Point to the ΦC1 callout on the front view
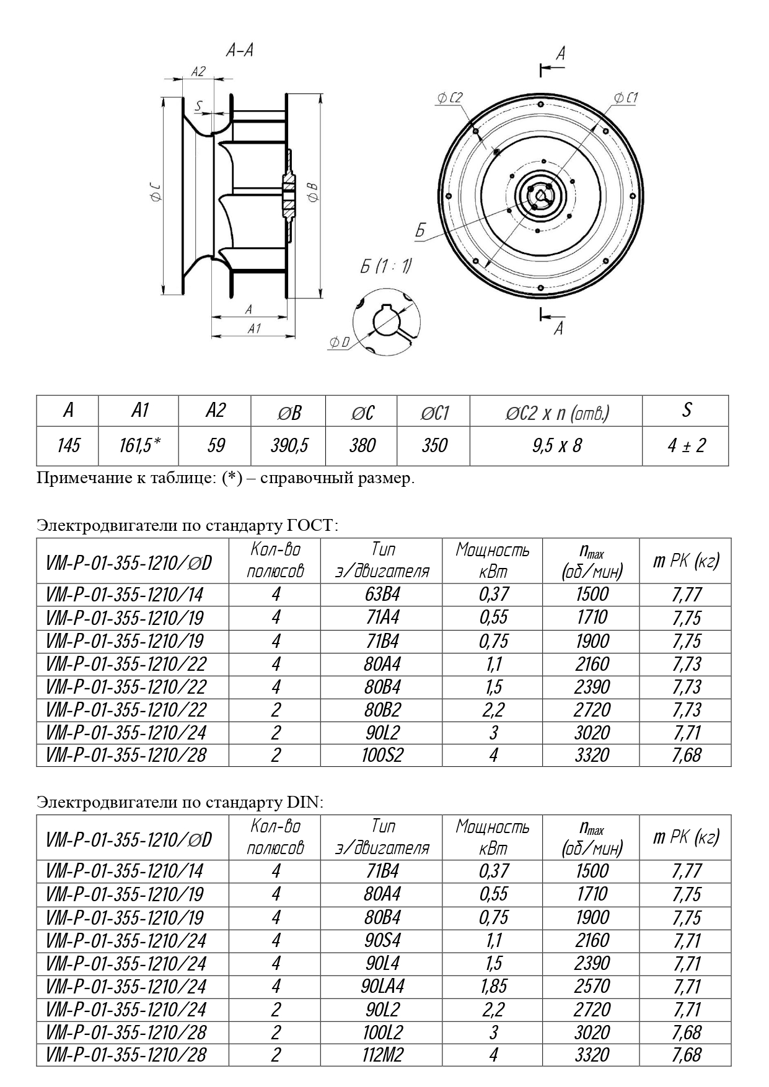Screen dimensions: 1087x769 pos(625,98)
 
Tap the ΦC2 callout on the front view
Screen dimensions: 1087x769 pos(449,98)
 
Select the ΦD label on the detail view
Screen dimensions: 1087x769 pos(339,343)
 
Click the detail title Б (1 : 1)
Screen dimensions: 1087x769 pos(385,266)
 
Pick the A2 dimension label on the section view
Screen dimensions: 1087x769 pos(198,72)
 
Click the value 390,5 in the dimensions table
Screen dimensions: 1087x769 pos(288,445)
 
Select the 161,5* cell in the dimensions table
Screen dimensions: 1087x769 pos(139,445)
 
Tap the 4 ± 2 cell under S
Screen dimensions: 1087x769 pos(686,445)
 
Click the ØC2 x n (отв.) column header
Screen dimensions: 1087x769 pos(556,413)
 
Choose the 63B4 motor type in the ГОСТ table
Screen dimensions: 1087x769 pos(382,595)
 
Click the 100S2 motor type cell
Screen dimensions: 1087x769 pos(382,755)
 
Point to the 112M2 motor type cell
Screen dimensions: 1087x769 pos(382,1055)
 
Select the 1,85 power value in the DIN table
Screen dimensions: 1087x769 pos(493,986)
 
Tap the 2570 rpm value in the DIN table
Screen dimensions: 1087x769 pos(592,986)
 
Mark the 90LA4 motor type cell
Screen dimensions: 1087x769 pos(382,986)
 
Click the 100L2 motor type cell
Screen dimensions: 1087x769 pos(382,1032)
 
